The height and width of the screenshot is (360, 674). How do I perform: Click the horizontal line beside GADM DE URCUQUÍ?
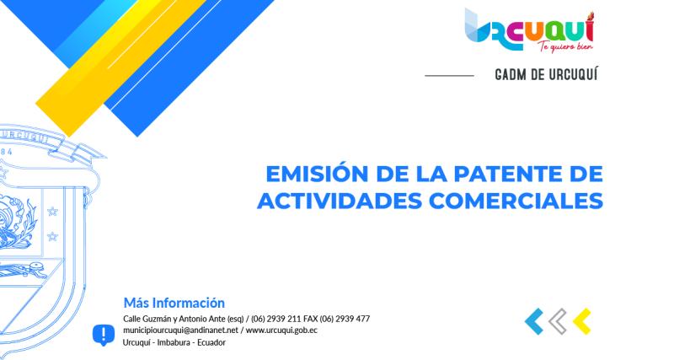449,76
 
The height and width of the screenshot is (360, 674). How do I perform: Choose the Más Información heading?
174,302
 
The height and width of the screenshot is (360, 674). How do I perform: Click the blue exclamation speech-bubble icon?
103,335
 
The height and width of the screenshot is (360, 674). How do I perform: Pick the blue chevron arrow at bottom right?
533,320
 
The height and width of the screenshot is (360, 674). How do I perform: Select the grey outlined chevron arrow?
557,320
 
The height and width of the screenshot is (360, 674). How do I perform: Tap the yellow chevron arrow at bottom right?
580,320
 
